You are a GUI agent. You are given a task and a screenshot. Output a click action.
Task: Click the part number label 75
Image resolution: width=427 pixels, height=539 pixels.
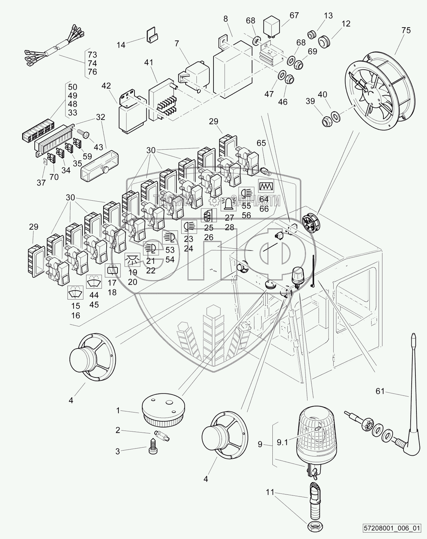click(x=406, y=30)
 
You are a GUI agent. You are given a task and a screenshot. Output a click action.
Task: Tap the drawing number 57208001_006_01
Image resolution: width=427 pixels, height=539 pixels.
click(x=397, y=528)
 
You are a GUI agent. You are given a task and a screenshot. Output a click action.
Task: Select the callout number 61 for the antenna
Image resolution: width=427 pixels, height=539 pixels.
click(x=380, y=391)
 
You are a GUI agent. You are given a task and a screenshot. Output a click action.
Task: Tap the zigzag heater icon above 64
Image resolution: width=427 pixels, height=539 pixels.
click(x=264, y=186)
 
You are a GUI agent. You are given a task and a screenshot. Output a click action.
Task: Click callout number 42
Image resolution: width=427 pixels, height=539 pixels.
click(x=106, y=86)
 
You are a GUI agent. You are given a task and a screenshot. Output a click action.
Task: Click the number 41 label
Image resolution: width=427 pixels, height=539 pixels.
click(x=148, y=63)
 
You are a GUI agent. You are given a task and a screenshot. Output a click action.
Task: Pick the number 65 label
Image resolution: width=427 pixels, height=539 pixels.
click(x=261, y=143)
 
